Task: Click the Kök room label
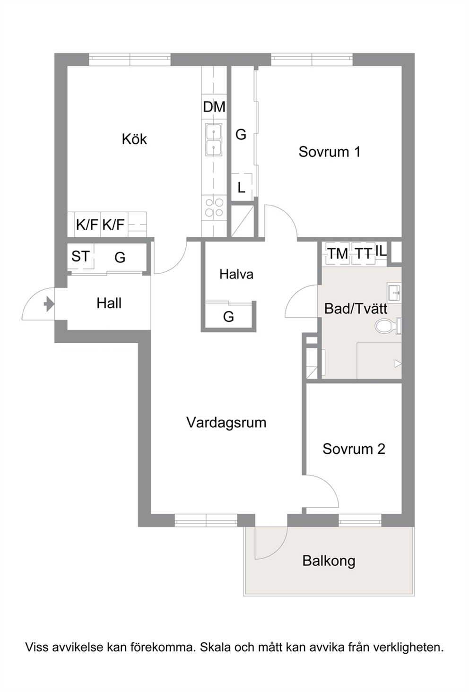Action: [x=134, y=139]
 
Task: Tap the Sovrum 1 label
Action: [x=330, y=152]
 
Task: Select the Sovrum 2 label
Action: [x=354, y=449]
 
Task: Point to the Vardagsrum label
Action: [x=226, y=423]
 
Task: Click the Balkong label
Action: [x=329, y=561]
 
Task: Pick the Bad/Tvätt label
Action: [x=356, y=309]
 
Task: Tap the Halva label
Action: [x=236, y=274]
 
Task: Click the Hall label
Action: [x=109, y=303]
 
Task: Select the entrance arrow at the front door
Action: [x=49, y=304]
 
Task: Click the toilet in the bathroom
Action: [x=388, y=326]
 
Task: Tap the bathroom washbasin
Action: [x=395, y=292]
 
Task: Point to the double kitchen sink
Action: [x=214, y=139]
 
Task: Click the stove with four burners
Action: [x=214, y=208]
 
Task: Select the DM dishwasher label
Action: [x=214, y=107]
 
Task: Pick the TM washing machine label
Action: [x=338, y=254]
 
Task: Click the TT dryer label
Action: [x=363, y=254]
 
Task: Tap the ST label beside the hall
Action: [x=81, y=256]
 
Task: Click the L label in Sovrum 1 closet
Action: [x=241, y=188]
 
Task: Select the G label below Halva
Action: [x=228, y=317]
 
